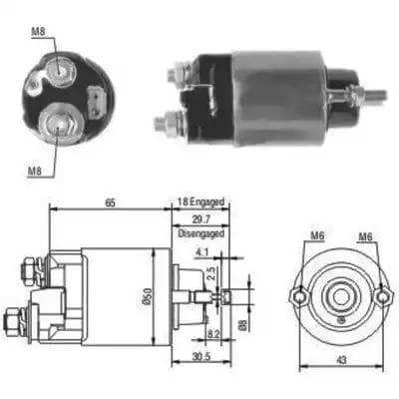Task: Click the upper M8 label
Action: (38, 32)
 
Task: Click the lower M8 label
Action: (35, 171)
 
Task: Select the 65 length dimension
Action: (111, 202)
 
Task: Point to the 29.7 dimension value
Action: (201, 219)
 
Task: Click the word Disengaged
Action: (201, 233)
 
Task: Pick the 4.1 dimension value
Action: (201, 252)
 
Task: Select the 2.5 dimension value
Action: (211, 273)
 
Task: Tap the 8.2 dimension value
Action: (213, 333)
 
